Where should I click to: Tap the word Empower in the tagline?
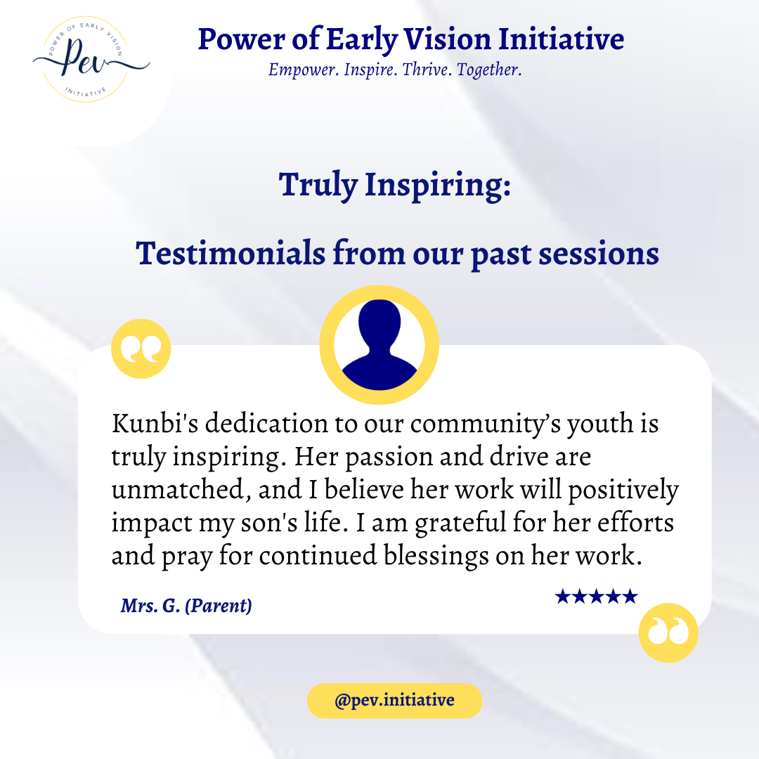click(303, 70)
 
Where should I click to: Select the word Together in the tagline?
click(489, 70)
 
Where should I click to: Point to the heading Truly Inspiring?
click(394, 185)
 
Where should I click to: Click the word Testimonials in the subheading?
click(231, 253)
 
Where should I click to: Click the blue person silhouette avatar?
click(379, 344)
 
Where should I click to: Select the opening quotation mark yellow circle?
click(141, 349)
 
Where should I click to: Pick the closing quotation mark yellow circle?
click(668, 632)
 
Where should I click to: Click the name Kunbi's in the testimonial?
click(155, 423)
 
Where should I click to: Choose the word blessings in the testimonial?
click(436, 556)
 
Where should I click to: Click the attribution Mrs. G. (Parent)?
click(186, 606)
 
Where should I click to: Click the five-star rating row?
click(597, 597)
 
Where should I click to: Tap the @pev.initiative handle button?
click(394, 701)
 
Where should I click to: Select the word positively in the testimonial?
click(623, 490)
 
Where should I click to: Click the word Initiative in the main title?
click(562, 39)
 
